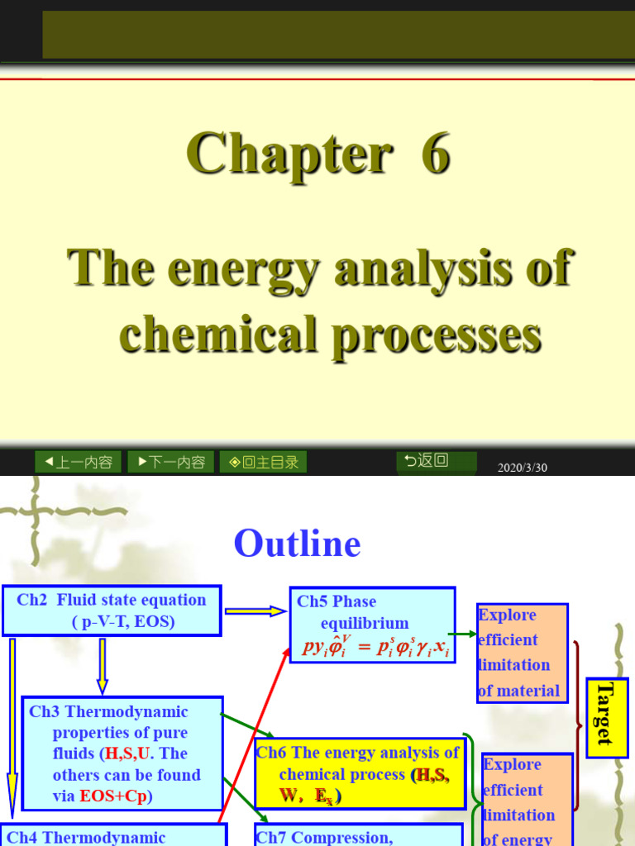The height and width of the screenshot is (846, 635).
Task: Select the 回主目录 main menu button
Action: pos(263,462)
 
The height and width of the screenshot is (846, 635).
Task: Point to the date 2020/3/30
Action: pos(523,468)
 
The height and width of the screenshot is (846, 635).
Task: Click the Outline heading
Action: pos(297,544)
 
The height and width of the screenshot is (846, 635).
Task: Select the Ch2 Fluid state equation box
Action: pos(112,611)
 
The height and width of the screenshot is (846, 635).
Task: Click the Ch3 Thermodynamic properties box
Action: pos(122,753)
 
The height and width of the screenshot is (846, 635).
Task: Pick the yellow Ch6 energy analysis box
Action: pos(360,774)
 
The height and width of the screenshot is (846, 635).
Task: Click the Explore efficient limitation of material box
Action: pos(522,653)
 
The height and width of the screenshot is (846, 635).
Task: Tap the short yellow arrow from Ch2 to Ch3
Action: pos(103,665)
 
